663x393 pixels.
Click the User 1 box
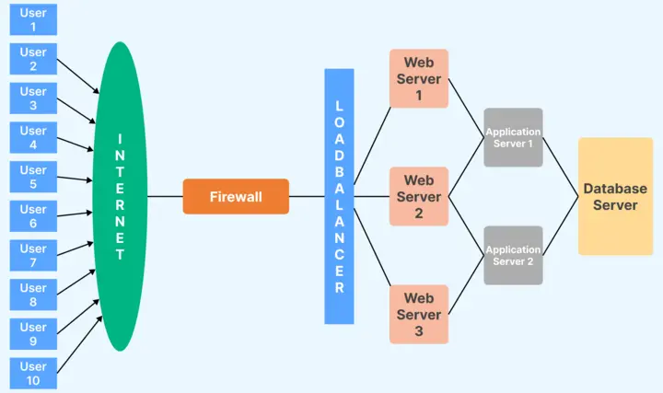click(x=33, y=19)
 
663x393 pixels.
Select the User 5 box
click(x=33, y=177)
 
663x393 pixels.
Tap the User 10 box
click(x=33, y=373)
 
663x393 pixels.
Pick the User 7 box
click(x=33, y=255)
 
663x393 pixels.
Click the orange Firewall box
click(x=236, y=196)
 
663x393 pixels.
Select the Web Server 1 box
click(x=419, y=78)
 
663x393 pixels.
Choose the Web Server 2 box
click(x=419, y=196)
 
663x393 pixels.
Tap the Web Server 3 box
click(x=419, y=314)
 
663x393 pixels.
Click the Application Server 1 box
click(x=513, y=137)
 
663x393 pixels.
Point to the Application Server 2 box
click(x=513, y=255)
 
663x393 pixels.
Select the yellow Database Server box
click(x=615, y=196)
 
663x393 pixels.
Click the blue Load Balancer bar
click(x=339, y=196)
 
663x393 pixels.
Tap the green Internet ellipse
click(x=121, y=196)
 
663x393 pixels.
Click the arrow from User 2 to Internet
click(x=78, y=76)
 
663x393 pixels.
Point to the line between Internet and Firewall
click(x=165, y=196)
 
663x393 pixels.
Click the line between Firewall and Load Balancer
click(x=307, y=196)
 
